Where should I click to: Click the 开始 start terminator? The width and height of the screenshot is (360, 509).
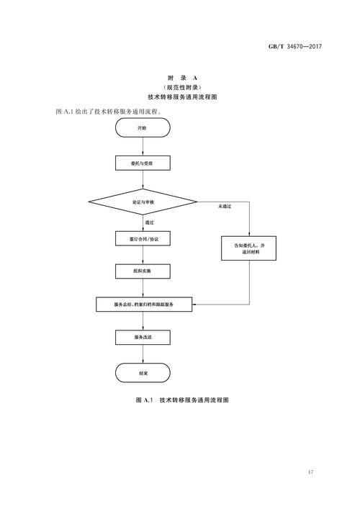pyautogui.click(x=143, y=127)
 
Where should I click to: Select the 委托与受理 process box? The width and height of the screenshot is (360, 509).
pyautogui.click(x=143, y=164)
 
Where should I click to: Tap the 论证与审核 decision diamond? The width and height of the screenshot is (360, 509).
pyautogui.click(x=143, y=203)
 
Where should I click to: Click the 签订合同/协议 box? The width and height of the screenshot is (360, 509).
pyautogui.click(x=143, y=238)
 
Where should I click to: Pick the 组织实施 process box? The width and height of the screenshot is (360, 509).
pyautogui.click(x=143, y=271)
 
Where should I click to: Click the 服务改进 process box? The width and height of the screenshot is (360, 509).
pyautogui.click(x=143, y=337)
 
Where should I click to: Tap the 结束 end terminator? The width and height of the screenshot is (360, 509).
pyautogui.click(x=143, y=373)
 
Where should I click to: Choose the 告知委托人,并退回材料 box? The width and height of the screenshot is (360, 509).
pyautogui.click(x=249, y=249)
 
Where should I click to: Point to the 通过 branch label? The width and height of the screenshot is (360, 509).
pyautogui.click(x=150, y=222)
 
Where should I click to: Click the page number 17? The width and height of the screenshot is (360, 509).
pyautogui.click(x=310, y=472)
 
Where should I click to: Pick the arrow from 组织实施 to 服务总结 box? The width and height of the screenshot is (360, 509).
pyautogui.click(x=143, y=288)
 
